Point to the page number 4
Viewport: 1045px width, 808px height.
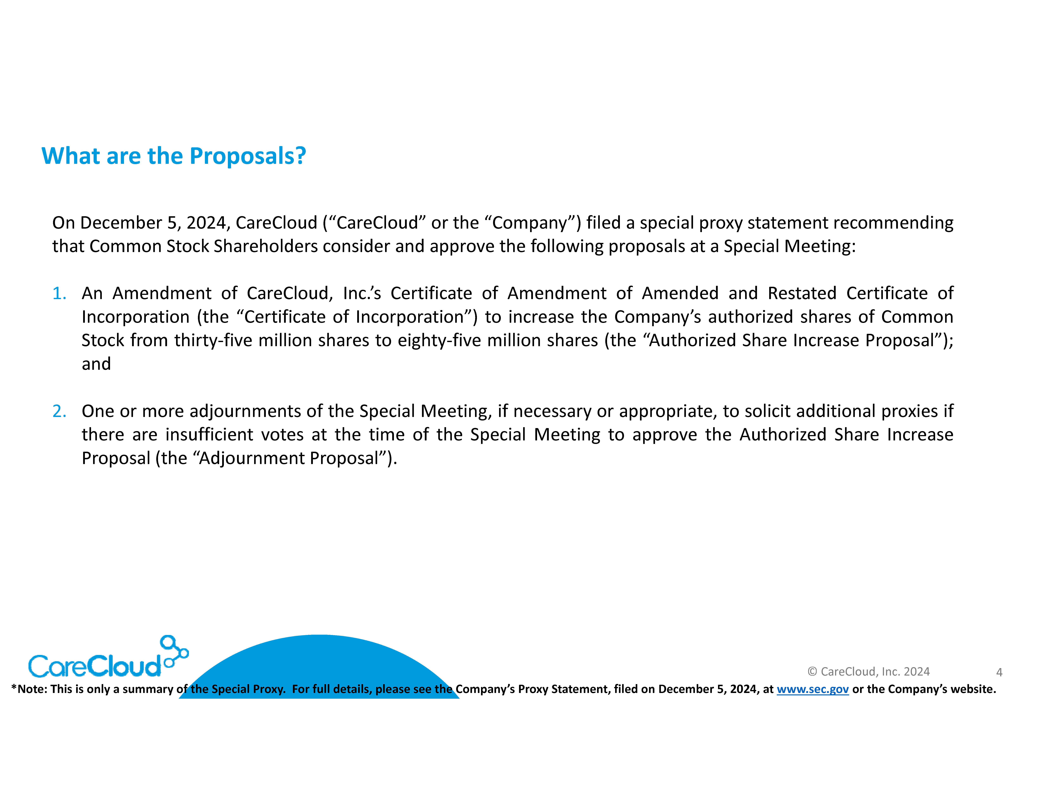999,672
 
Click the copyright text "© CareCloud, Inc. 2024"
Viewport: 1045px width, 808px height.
868,672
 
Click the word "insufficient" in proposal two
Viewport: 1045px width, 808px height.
209,435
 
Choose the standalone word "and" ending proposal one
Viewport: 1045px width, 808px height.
96,364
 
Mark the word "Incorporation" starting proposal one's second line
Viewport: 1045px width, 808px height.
135,317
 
